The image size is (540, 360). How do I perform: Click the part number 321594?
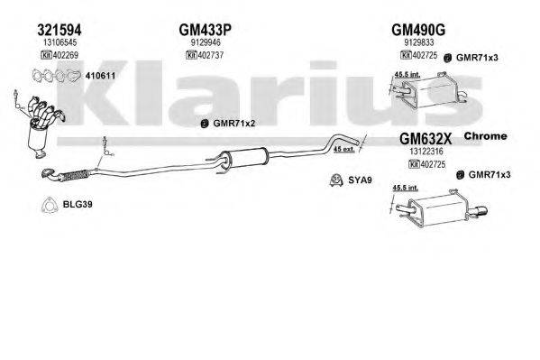[40, 27]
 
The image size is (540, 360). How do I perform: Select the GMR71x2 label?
[233, 124]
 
